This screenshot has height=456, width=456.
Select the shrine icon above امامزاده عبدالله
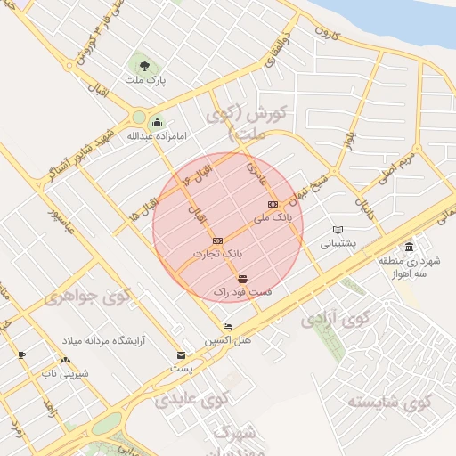click(158, 122)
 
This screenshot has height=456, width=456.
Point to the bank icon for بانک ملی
click(273, 204)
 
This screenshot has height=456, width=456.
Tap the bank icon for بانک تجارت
click(217, 240)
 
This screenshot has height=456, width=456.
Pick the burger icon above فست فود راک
click(243, 279)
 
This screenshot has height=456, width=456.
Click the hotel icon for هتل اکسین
click(227, 326)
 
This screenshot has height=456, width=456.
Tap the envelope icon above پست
click(182, 354)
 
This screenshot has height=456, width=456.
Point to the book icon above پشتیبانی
click(338, 229)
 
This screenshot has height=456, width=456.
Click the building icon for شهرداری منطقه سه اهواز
click(409, 247)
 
